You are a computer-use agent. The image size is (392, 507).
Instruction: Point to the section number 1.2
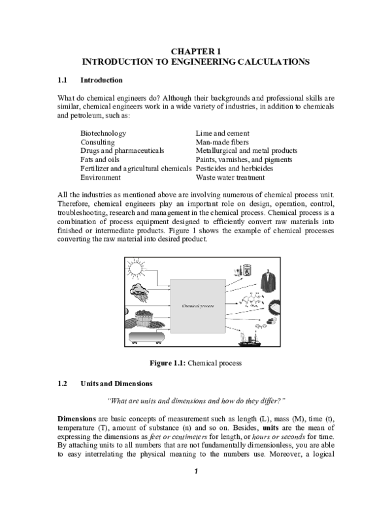click(x=62, y=383)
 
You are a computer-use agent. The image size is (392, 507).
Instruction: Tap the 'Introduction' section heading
click(x=101, y=80)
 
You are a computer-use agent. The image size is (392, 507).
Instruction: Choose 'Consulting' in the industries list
click(x=97, y=142)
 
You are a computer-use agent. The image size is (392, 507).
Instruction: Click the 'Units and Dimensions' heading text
click(x=116, y=383)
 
